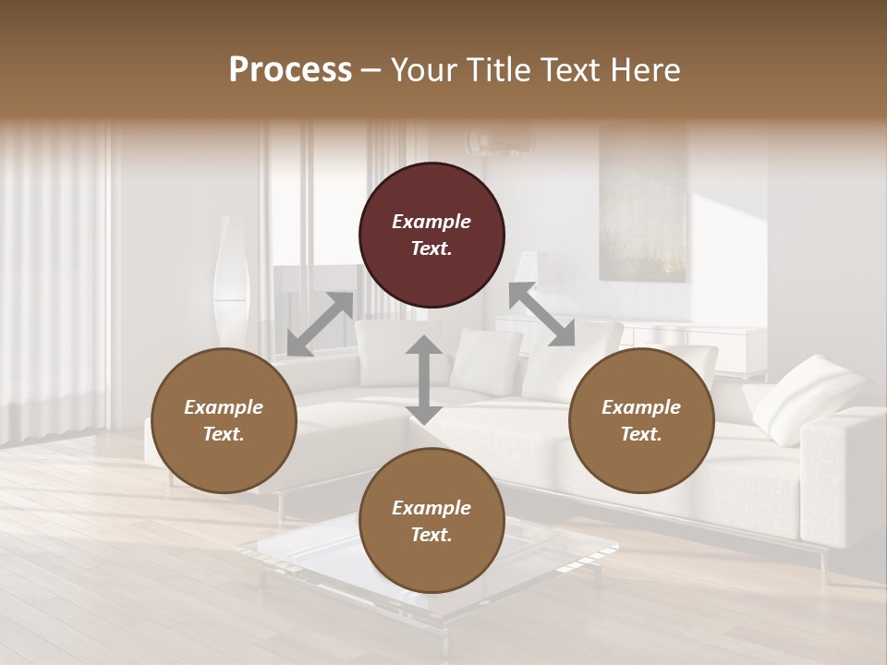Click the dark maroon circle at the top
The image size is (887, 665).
click(x=431, y=235)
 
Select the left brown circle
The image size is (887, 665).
click(x=224, y=420)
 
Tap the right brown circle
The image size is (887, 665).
click(x=641, y=420)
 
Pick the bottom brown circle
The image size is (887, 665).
click(x=431, y=521)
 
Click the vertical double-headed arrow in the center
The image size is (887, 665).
click(x=424, y=380)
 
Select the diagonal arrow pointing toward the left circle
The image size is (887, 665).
click(x=320, y=324)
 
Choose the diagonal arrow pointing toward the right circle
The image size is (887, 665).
click(x=541, y=315)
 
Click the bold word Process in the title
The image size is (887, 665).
click(x=290, y=69)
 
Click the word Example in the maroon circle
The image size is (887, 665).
click(x=431, y=222)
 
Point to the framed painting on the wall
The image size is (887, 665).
click(x=643, y=203)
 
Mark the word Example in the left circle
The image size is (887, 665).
click(x=224, y=407)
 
